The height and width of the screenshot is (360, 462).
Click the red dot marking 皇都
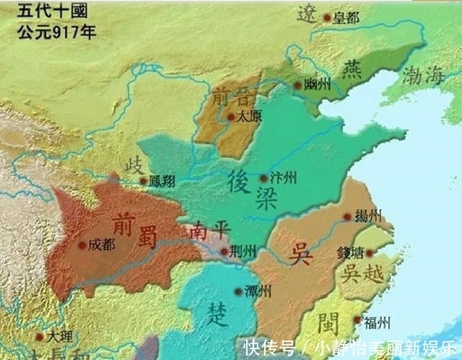click(x=328, y=18)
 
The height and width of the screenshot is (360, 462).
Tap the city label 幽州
click(x=318, y=84)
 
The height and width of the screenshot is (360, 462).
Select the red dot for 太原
click(x=231, y=115)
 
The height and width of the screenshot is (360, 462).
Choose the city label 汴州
click(x=282, y=177)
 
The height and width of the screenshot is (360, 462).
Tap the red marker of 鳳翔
click(x=143, y=180)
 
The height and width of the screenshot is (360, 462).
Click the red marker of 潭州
click(x=238, y=291)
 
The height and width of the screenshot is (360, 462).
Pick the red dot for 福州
click(x=357, y=321)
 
